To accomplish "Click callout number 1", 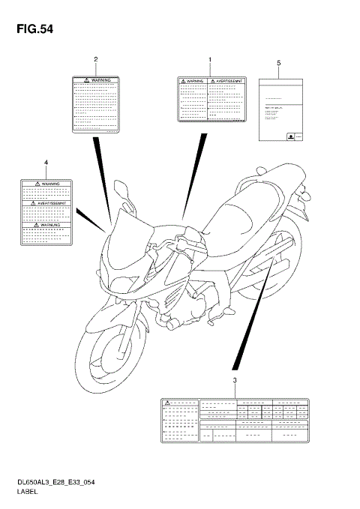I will coord(210,59).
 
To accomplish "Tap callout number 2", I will coord(95,59).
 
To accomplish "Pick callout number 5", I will coord(278,63).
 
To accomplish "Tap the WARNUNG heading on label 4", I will coord(46,223).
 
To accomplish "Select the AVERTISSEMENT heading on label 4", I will coord(46,203).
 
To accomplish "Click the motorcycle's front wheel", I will coord(110,352).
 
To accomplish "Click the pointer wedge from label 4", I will coord(91,220).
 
